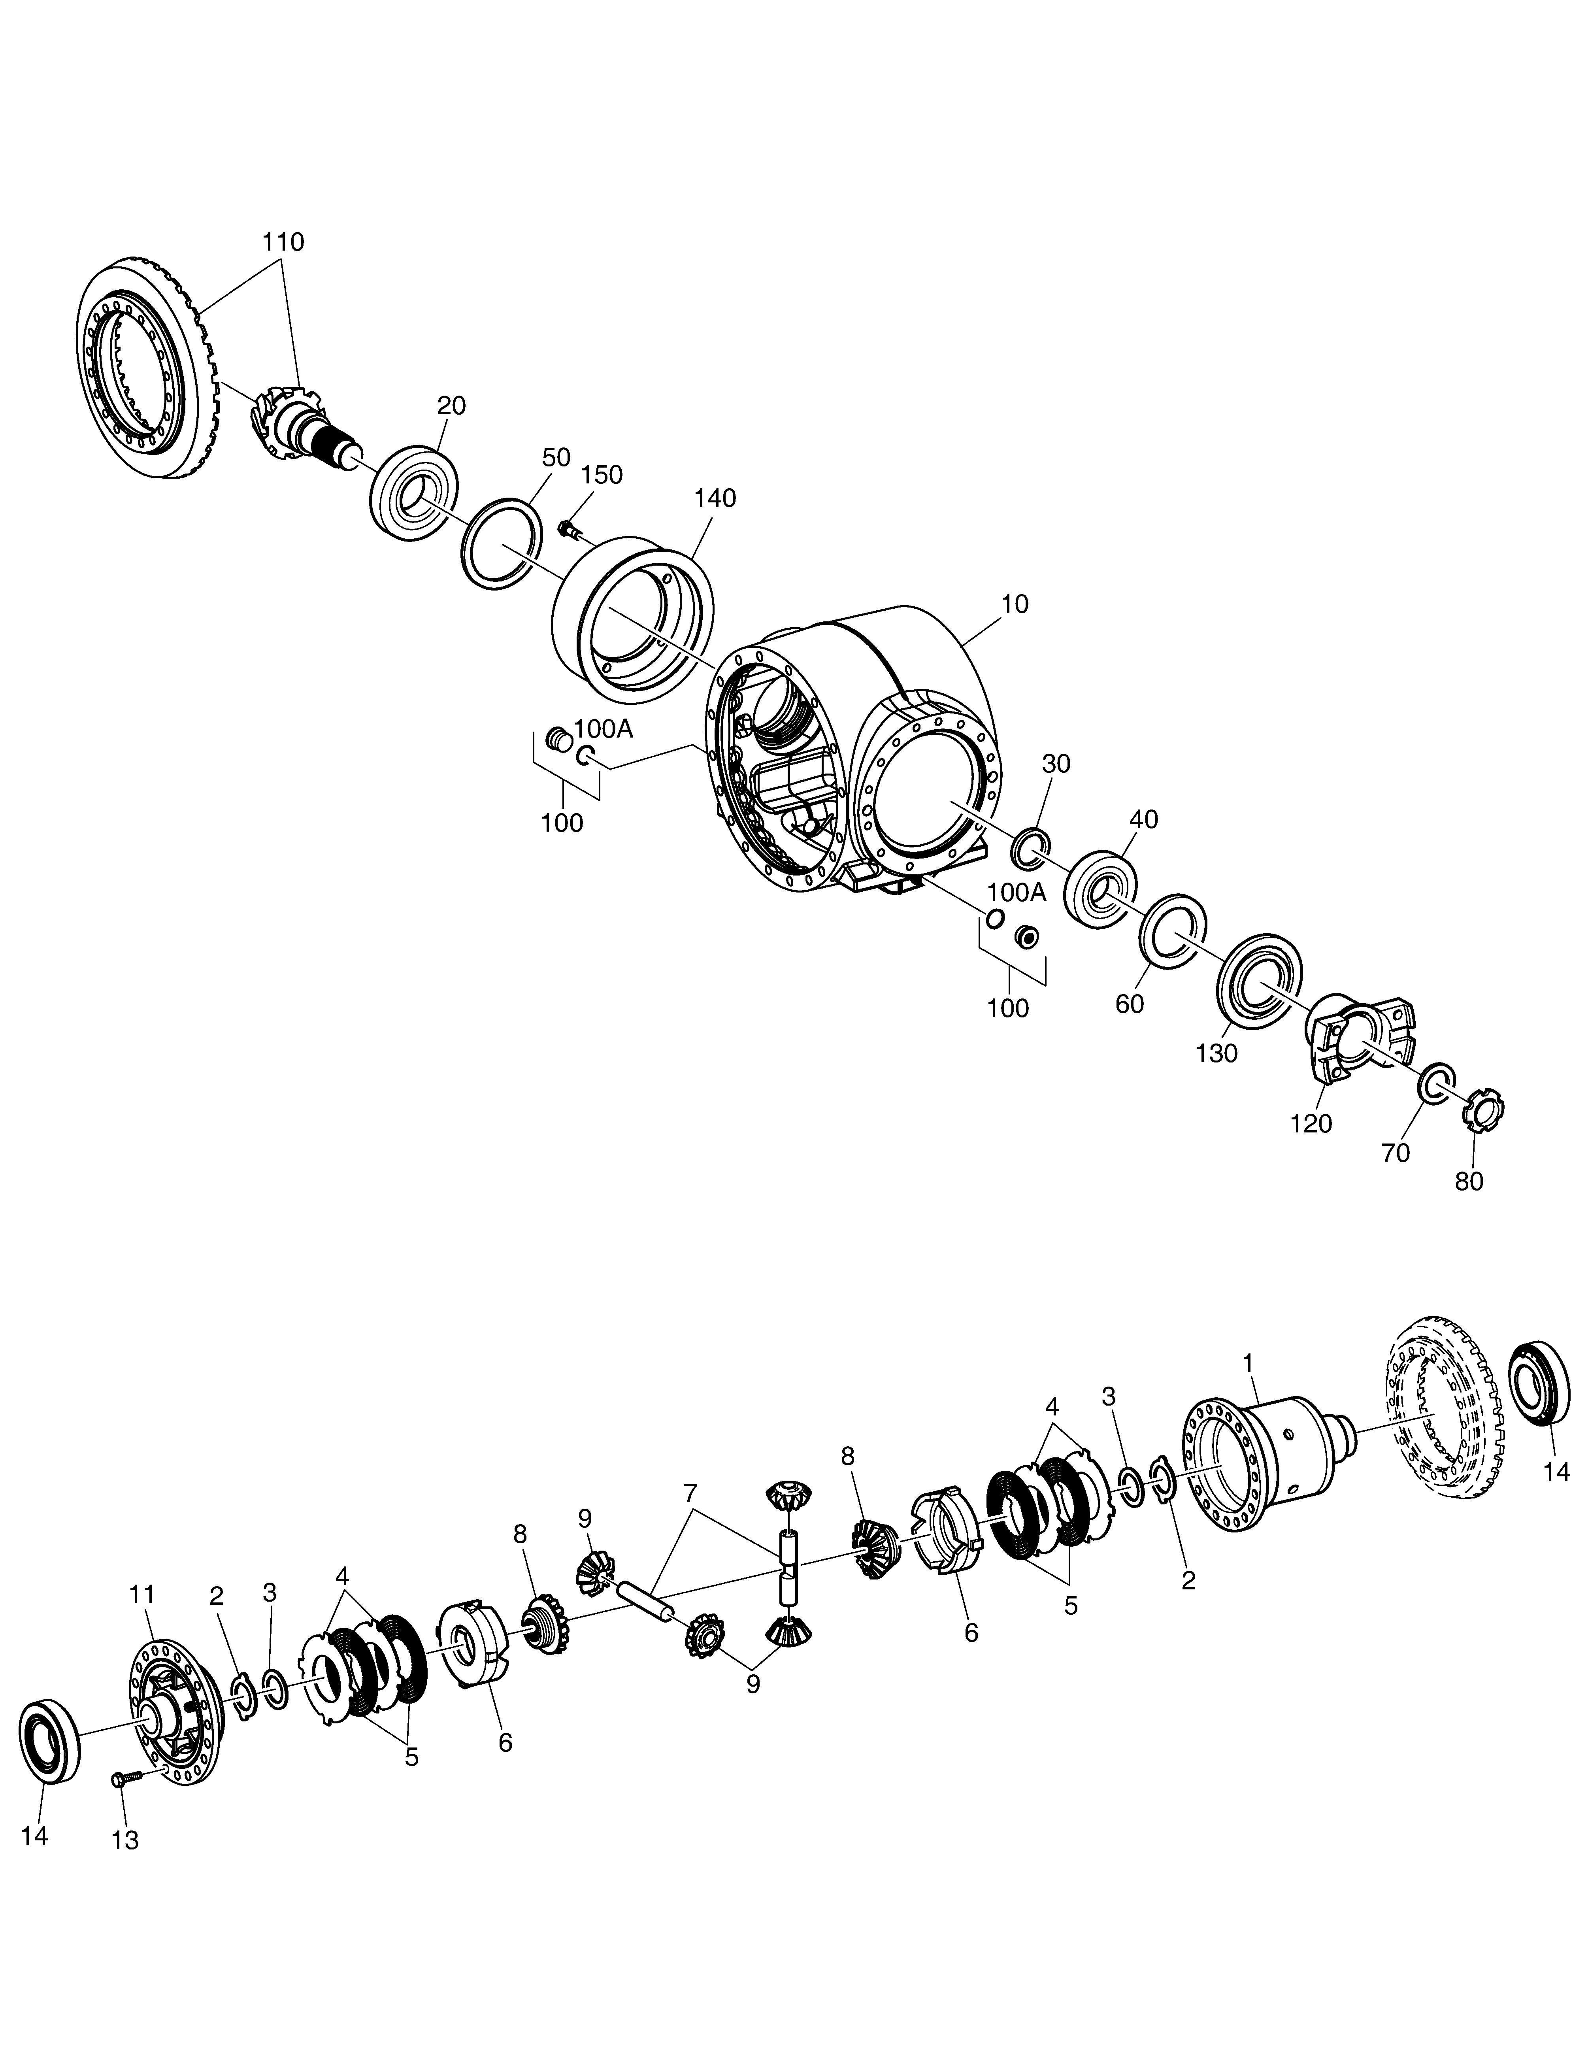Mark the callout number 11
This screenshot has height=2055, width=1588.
[142, 1595]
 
